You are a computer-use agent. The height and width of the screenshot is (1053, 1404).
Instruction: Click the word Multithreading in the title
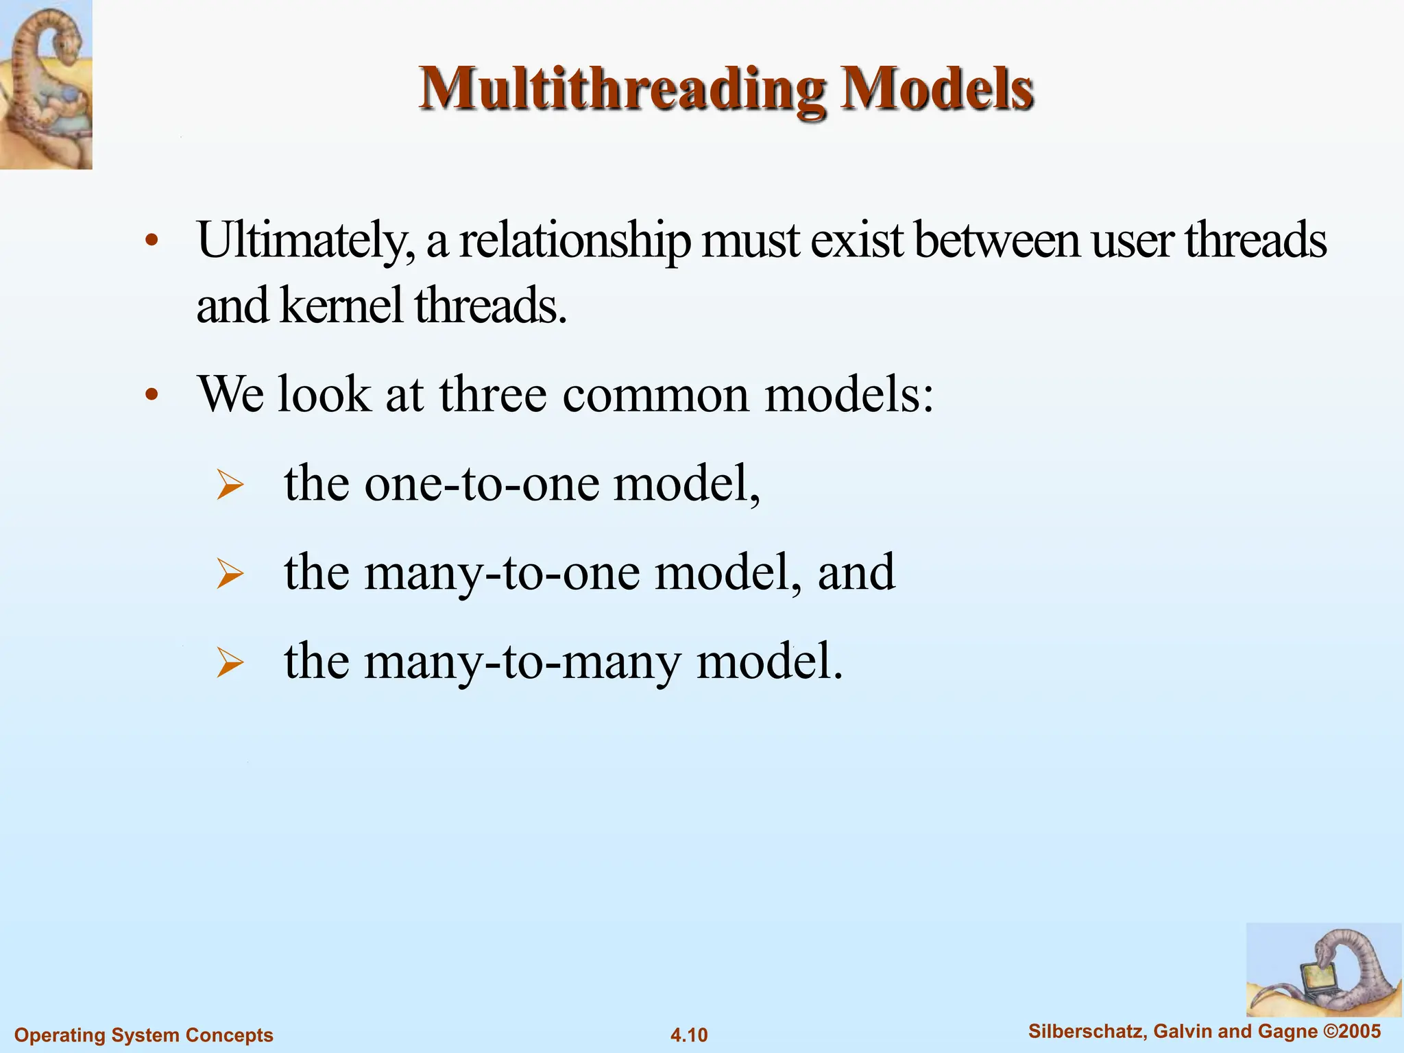[622, 89]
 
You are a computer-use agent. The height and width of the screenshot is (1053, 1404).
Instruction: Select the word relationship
[574, 241]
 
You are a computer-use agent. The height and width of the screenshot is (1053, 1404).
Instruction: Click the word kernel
[341, 306]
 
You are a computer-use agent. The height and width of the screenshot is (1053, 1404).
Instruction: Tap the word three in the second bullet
[493, 395]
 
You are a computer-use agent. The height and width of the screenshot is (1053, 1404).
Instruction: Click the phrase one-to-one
[482, 484]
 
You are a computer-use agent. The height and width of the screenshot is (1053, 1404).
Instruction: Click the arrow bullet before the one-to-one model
[230, 485]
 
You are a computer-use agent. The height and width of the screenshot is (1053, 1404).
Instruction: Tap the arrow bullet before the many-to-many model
[230, 664]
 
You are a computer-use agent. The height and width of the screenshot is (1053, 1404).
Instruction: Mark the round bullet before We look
[152, 395]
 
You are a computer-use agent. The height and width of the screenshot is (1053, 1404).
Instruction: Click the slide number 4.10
[689, 1034]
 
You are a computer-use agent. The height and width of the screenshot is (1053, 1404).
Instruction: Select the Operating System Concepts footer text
[144, 1034]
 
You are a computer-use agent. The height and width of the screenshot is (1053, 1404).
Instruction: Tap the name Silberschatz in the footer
[1087, 1031]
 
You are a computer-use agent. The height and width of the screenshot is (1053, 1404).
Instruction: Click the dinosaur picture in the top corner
[46, 84]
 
